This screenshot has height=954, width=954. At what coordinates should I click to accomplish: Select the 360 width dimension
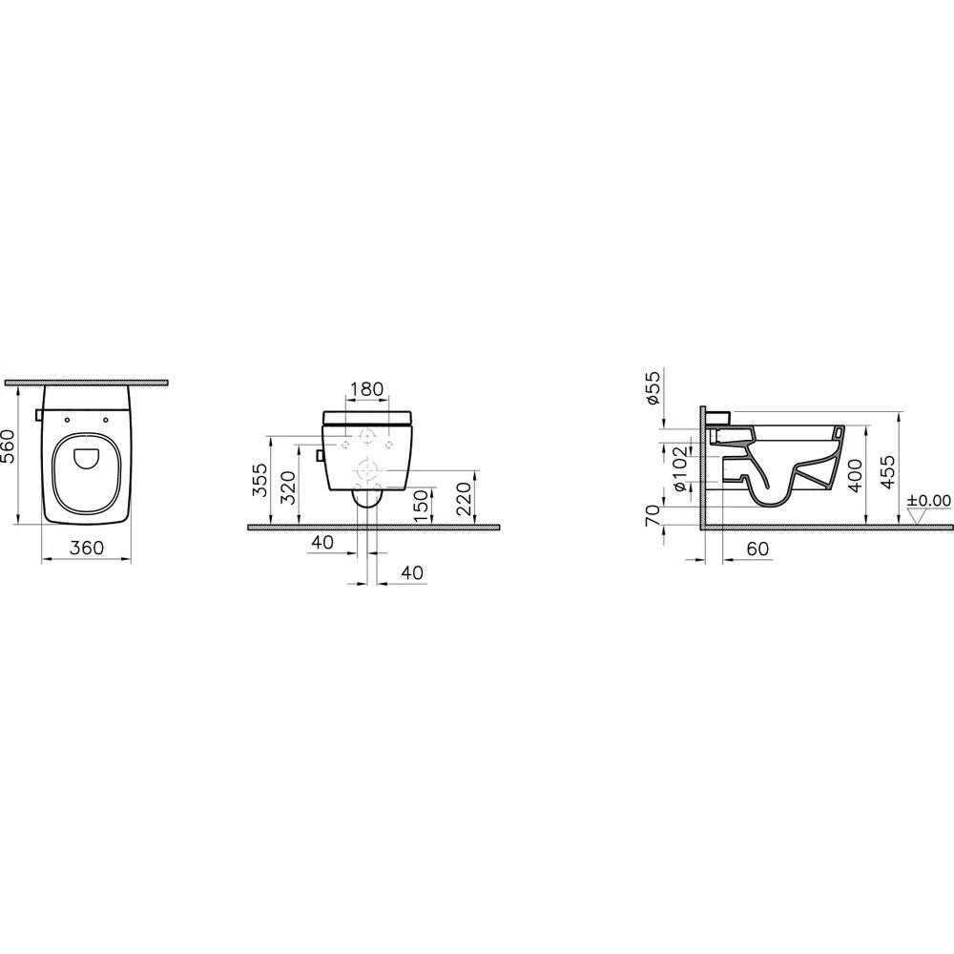click(x=86, y=550)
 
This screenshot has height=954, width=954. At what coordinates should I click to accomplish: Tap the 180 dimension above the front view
click(x=366, y=389)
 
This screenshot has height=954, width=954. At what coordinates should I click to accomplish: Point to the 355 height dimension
click(x=260, y=482)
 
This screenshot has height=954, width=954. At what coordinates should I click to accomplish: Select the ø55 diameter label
click(x=653, y=387)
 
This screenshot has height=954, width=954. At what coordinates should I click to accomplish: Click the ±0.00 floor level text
click(x=929, y=499)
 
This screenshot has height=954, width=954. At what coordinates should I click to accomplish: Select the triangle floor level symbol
click(x=919, y=516)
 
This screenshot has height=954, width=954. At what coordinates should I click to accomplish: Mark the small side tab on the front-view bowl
click(x=320, y=455)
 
